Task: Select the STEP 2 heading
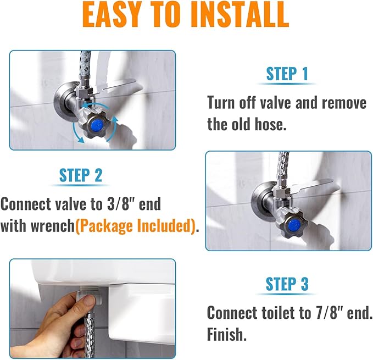(x=81, y=175)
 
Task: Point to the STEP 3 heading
(x=287, y=284)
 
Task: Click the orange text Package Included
(x=136, y=225)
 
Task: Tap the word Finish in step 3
(x=225, y=334)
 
